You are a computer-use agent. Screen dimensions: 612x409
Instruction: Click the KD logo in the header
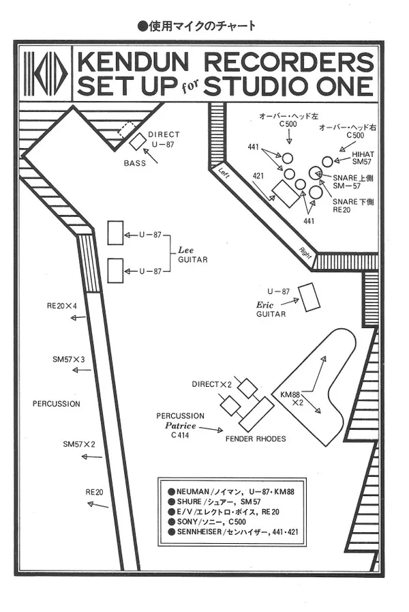[x=46, y=74]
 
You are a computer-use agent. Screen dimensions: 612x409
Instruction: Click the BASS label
[x=135, y=163]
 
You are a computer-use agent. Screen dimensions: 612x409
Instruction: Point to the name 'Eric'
[x=264, y=304]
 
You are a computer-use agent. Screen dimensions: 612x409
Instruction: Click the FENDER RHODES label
[x=256, y=439]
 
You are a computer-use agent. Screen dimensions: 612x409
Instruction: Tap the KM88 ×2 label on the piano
[x=292, y=398]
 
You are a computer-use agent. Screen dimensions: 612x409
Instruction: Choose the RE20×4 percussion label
[x=61, y=306]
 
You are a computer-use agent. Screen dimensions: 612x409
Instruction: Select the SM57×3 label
[x=68, y=359]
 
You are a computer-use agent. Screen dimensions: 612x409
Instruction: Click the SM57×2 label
[x=79, y=444]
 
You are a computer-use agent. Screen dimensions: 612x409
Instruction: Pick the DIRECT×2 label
[x=213, y=385]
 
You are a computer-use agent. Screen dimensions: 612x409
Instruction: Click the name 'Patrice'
[x=181, y=425]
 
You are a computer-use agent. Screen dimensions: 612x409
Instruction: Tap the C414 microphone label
[x=180, y=435]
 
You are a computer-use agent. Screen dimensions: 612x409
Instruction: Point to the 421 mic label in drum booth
[x=258, y=176]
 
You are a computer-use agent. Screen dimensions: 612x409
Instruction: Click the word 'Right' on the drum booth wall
[x=306, y=252]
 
